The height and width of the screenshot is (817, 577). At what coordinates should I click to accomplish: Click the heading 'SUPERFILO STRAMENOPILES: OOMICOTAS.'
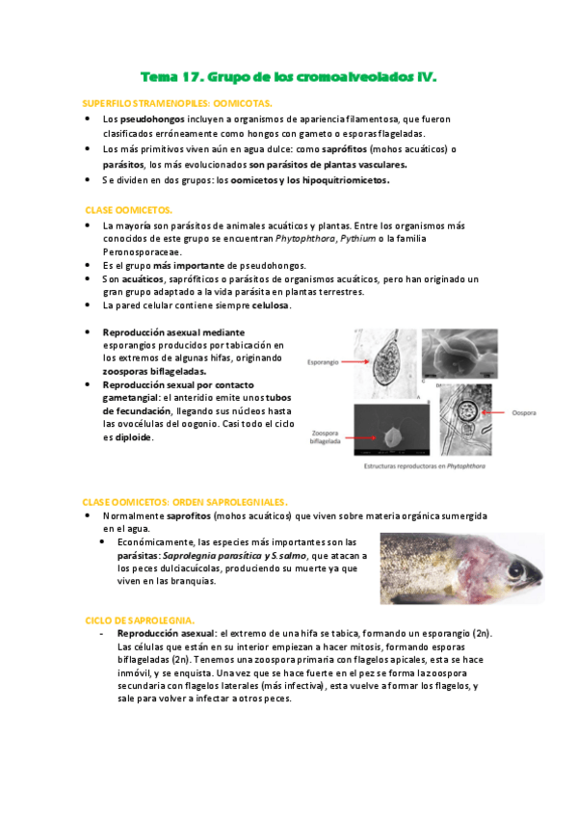(x=177, y=104)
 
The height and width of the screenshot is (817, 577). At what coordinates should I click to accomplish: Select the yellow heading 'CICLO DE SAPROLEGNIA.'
(x=140, y=620)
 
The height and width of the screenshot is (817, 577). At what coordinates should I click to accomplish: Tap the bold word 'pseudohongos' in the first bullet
(x=152, y=119)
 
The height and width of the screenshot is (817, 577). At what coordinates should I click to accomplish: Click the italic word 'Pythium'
(x=357, y=239)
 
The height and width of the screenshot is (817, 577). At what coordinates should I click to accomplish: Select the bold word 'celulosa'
(x=271, y=305)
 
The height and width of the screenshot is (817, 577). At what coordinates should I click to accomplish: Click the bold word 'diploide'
(x=133, y=437)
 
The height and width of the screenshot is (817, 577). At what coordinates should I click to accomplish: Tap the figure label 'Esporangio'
(x=323, y=362)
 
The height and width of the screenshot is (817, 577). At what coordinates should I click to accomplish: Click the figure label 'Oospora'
(x=524, y=412)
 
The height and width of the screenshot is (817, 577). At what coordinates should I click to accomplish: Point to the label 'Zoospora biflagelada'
(x=325, y=437)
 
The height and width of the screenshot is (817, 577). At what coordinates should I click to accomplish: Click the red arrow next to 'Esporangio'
(x=354, y=361)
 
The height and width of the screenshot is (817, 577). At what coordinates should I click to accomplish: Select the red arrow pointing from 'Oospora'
(x=494, y=412)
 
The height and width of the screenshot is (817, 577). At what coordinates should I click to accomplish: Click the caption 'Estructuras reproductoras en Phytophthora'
(x=425, y=465)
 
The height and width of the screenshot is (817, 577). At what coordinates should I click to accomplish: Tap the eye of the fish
(x=515, y=570)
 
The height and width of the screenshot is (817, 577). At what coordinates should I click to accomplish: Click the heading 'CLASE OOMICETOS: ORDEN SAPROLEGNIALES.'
(x=185, y=502)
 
